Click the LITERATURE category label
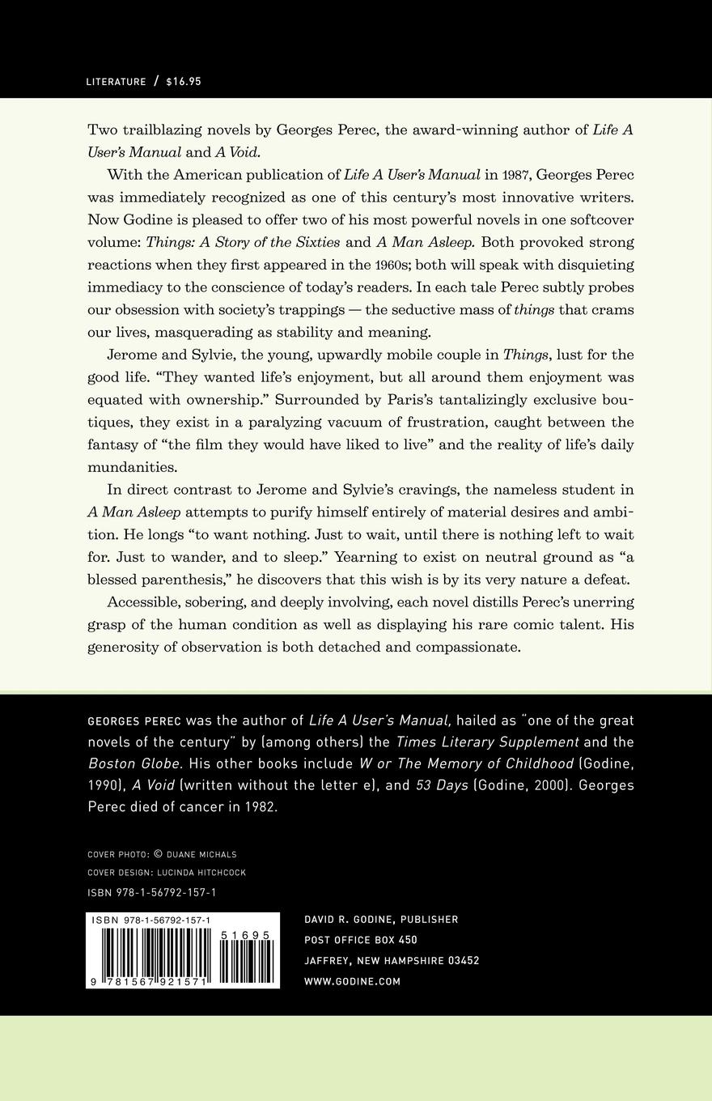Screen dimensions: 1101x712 [x=116, y=82]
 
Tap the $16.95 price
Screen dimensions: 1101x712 [x=184, y=82]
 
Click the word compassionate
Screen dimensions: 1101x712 [x=468, y=647]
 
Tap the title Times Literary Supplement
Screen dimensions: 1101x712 [x=487, y=742]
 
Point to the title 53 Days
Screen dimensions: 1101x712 [x=442, y=785]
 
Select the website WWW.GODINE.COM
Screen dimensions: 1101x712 [x=352, y=981]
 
